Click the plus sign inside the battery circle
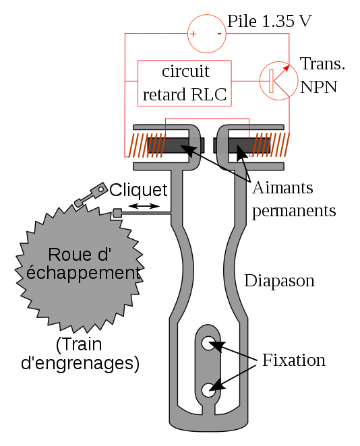click(x=193, y=34)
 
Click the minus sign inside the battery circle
click(x=219, y=34)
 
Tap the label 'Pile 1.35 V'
click(x=270, y=21)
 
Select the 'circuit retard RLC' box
click(x=185, y=83)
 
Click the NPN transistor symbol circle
click(x=278, y=81)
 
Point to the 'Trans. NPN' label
click(x=322, y=75)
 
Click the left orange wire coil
click(x=146, y=145)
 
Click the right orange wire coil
click(x=270, y=144)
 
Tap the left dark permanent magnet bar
click(x=175, y=145)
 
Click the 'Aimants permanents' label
click(x=294, y=199)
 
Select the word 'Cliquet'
click(x=138, y=190)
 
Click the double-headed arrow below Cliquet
click(x=144, y=206)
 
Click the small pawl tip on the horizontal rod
click(x=117, y=213)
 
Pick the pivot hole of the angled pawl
click(x=100, y=189)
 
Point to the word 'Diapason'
click(x=279, y=281)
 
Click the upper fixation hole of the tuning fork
click(x=209, y=343)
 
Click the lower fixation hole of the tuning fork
click(x=209, y=389)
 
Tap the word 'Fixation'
click(x=293, y=360)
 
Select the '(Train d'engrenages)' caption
click(x=80, y=354)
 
